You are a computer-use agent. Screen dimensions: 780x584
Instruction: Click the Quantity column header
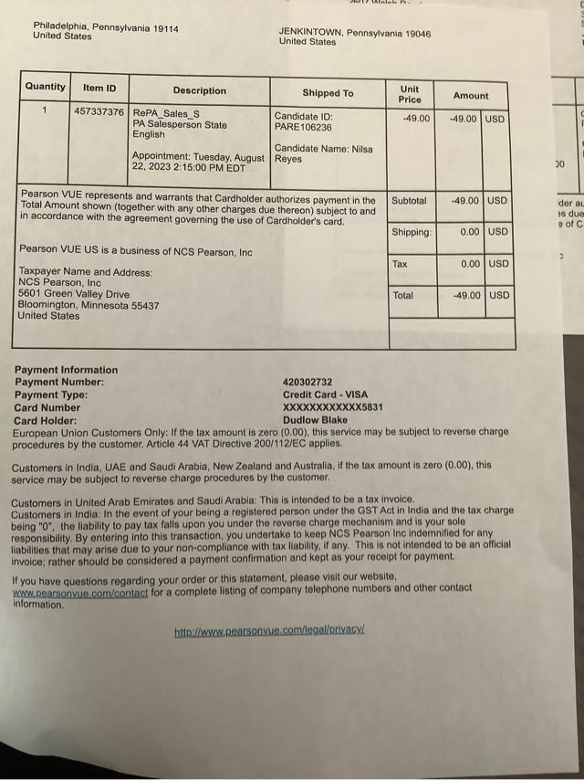(x=46, y=87)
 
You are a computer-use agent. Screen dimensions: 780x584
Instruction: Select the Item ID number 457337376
(x=99, y=112)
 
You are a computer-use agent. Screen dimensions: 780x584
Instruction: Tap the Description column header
(x=199, y=90)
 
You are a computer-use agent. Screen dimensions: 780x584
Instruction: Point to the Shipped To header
(x=328, y=93)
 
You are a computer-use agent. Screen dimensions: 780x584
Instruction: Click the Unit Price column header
(x=410, y=94)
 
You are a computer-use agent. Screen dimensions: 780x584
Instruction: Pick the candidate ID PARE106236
(x=304, y=128)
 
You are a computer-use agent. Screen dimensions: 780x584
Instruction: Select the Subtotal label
(x=408, y=200)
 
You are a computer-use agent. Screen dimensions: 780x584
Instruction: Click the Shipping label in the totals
(x=411, y=232)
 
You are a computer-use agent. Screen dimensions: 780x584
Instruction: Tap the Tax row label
(x=400, y=264)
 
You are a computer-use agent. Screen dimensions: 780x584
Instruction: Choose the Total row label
(x=402, y=296)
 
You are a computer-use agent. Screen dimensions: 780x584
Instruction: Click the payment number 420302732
(x=308, y=382)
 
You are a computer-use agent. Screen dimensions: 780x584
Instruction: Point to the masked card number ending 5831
(x=332, y=407)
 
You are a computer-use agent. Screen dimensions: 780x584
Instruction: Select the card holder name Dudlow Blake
(x=315, y=420)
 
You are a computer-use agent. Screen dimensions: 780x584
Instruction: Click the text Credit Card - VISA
(x=325, y=395)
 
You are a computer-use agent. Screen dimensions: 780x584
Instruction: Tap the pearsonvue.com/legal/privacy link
(x=269, y=631)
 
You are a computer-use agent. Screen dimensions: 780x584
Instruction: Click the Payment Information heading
(x=66, y=370)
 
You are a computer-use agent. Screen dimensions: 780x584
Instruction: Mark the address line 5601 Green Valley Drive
(x=74, y=294)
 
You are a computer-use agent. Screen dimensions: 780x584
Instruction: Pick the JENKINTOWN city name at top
(x=311, y=34)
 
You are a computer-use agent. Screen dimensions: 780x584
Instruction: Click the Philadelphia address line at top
(x=106, y=27)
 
